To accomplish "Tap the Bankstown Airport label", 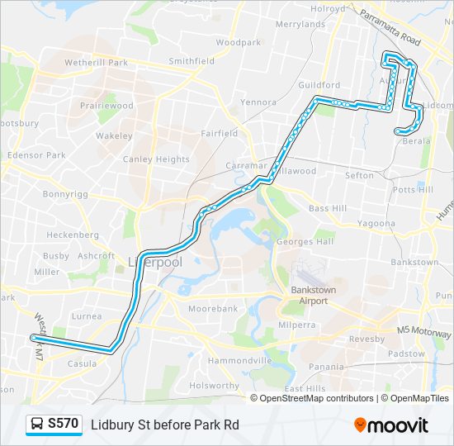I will pos(309,295).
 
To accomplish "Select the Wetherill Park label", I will pos(97,62).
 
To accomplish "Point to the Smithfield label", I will pos(192,60).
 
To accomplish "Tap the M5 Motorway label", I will pos(423,330).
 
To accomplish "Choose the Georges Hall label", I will pos(305,241).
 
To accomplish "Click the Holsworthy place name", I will pos(214,385).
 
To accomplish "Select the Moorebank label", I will pos(213,308).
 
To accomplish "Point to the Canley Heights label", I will pos(156,159).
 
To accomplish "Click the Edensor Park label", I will pos(35,154).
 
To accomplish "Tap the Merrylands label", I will pos(300,24).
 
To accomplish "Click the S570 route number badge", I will pos(64,424).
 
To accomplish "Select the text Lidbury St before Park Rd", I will pos(165,425).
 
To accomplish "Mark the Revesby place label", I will pos(367,339).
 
